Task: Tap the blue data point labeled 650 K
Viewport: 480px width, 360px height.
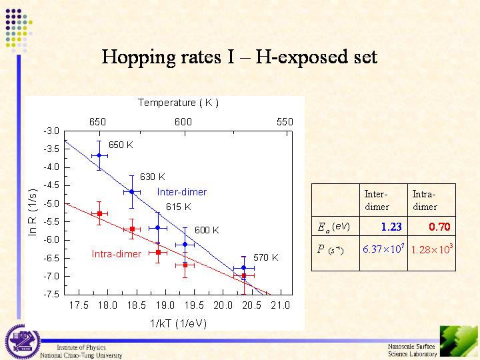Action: click(x=99, y=155)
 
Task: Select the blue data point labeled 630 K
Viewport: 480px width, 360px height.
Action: click(x=132, y=191)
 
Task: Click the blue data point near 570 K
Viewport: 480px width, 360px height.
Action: click(x=244, y=267)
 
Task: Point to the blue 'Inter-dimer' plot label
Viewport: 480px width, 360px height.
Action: click(x=182, y=192)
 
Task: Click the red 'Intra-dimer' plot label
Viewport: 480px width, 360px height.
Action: click(x=116, y=254)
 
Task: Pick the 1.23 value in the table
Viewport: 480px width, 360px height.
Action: click(x=391, y=227)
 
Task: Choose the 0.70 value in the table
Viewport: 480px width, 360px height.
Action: click(x=439, y=227)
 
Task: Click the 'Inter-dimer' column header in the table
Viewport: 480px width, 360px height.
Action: click(x=377, y=200)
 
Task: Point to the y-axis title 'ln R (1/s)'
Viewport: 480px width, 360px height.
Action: click(x=32, y=211)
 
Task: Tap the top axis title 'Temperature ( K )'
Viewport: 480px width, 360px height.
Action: click(x=178, y=103)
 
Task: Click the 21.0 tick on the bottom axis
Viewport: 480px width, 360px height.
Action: click(x=281, y=305)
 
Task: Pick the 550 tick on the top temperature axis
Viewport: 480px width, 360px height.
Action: click(x=285, y=122)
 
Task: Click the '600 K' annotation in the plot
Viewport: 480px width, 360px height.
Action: click(x=207, y=230)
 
